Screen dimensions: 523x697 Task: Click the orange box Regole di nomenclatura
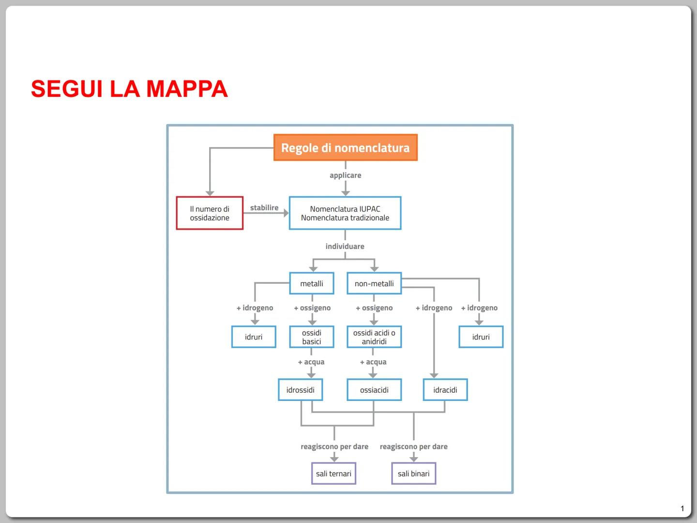pos(345,148)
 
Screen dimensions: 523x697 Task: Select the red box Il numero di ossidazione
pos(210,213)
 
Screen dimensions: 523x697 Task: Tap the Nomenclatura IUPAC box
pos(345,213)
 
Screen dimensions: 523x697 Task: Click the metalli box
pos(312,283)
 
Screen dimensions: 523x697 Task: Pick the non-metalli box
pos(374,283)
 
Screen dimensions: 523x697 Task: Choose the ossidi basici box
pos(312,337)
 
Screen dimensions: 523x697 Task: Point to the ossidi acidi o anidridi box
pos(374,337)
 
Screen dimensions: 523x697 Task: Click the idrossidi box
pos(301,390)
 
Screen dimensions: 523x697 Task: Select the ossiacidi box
pos(374,390)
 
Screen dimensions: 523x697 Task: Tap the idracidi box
pos(445,390)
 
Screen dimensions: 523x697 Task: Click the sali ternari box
pos(334,474)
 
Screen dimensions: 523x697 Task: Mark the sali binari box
pos(414,474)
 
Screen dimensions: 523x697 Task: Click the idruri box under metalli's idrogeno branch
pos(254,337)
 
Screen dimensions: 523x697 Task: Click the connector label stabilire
pos(264,208)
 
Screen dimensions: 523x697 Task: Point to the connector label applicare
pos(345,175)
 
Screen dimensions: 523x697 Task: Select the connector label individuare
pos(345,246)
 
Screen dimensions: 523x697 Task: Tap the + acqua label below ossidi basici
pos(311,362)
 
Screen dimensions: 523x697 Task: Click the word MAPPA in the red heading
pos(187,89)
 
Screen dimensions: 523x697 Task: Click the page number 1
pos(682,508)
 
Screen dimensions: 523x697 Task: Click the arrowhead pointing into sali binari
pos(414,458)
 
